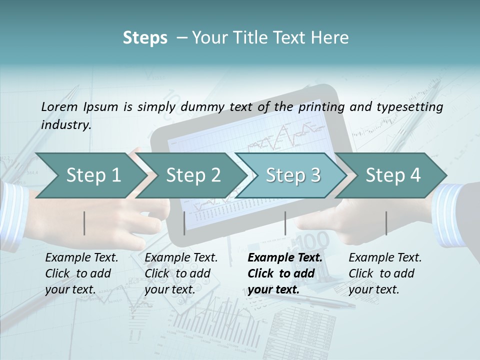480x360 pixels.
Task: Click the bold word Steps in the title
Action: [145, 38]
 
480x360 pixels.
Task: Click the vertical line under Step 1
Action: [84, 223]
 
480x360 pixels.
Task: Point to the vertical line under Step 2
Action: [184, 223]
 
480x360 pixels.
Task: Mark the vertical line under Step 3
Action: [285, 223]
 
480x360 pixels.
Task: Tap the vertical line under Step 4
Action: [386, 223]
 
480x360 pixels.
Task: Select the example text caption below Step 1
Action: [81, 273]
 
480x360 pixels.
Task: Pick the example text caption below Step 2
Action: [181, 273]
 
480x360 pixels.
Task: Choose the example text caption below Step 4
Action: [385, 273]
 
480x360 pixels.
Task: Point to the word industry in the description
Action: [66, 125]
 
